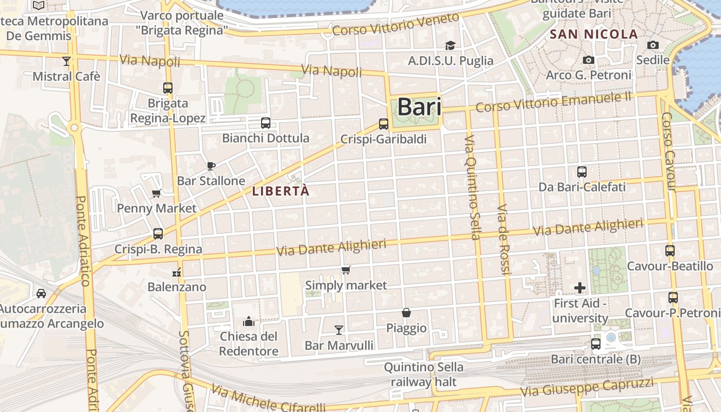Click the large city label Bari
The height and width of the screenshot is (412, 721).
[x=419, y=107]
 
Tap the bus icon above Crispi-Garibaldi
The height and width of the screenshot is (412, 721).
[x=383, y=124]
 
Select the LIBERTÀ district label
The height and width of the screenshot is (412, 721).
[x=281, y=191]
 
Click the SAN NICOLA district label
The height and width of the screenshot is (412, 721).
[x=594, y=35]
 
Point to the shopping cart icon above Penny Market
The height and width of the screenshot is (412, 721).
[x=157, y=193]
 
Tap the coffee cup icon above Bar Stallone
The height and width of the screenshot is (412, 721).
[x=211, y=165]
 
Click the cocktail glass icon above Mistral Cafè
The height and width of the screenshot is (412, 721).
[x=66, y=61]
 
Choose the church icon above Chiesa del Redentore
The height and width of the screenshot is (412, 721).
[x=249, y=322]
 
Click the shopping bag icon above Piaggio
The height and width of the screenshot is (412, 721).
[x=406, y=313]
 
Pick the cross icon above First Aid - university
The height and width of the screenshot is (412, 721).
[x=580, y=287]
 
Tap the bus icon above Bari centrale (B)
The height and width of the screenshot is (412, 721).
[x=596, y=344]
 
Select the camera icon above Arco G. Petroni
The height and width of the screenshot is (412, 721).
[x=589, y=60]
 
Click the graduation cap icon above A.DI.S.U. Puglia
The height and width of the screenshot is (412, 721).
[x=450, y=45]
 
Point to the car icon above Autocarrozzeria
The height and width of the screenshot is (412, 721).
[x=41, y=294]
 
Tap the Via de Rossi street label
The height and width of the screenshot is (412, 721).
[x=503, y=239]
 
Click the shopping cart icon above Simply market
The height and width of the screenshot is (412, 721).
[x=346, y=270]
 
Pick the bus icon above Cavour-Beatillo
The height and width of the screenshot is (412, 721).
[x=669, y=251]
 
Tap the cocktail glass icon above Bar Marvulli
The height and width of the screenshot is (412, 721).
[x=339, y=329]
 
